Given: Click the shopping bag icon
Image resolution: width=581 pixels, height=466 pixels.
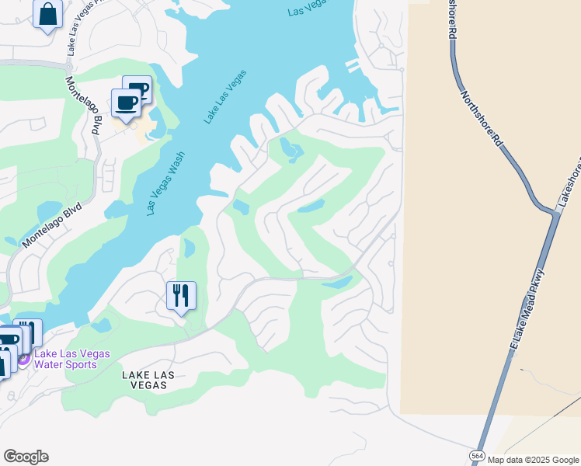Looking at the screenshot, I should click(x=47, y=14).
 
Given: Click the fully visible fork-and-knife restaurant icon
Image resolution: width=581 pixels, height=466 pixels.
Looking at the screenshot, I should click(x=181, y=296).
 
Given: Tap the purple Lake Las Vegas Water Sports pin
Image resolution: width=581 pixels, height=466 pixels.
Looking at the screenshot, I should click(x=23, y=359).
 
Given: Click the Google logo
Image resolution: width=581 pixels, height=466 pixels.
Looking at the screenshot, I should click(x=26, y=456).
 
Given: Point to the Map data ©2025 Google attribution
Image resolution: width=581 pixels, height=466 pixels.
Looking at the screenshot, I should click(x=533, y=460).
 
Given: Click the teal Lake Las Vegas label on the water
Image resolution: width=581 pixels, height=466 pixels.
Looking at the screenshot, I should click(x=225, y=96).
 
